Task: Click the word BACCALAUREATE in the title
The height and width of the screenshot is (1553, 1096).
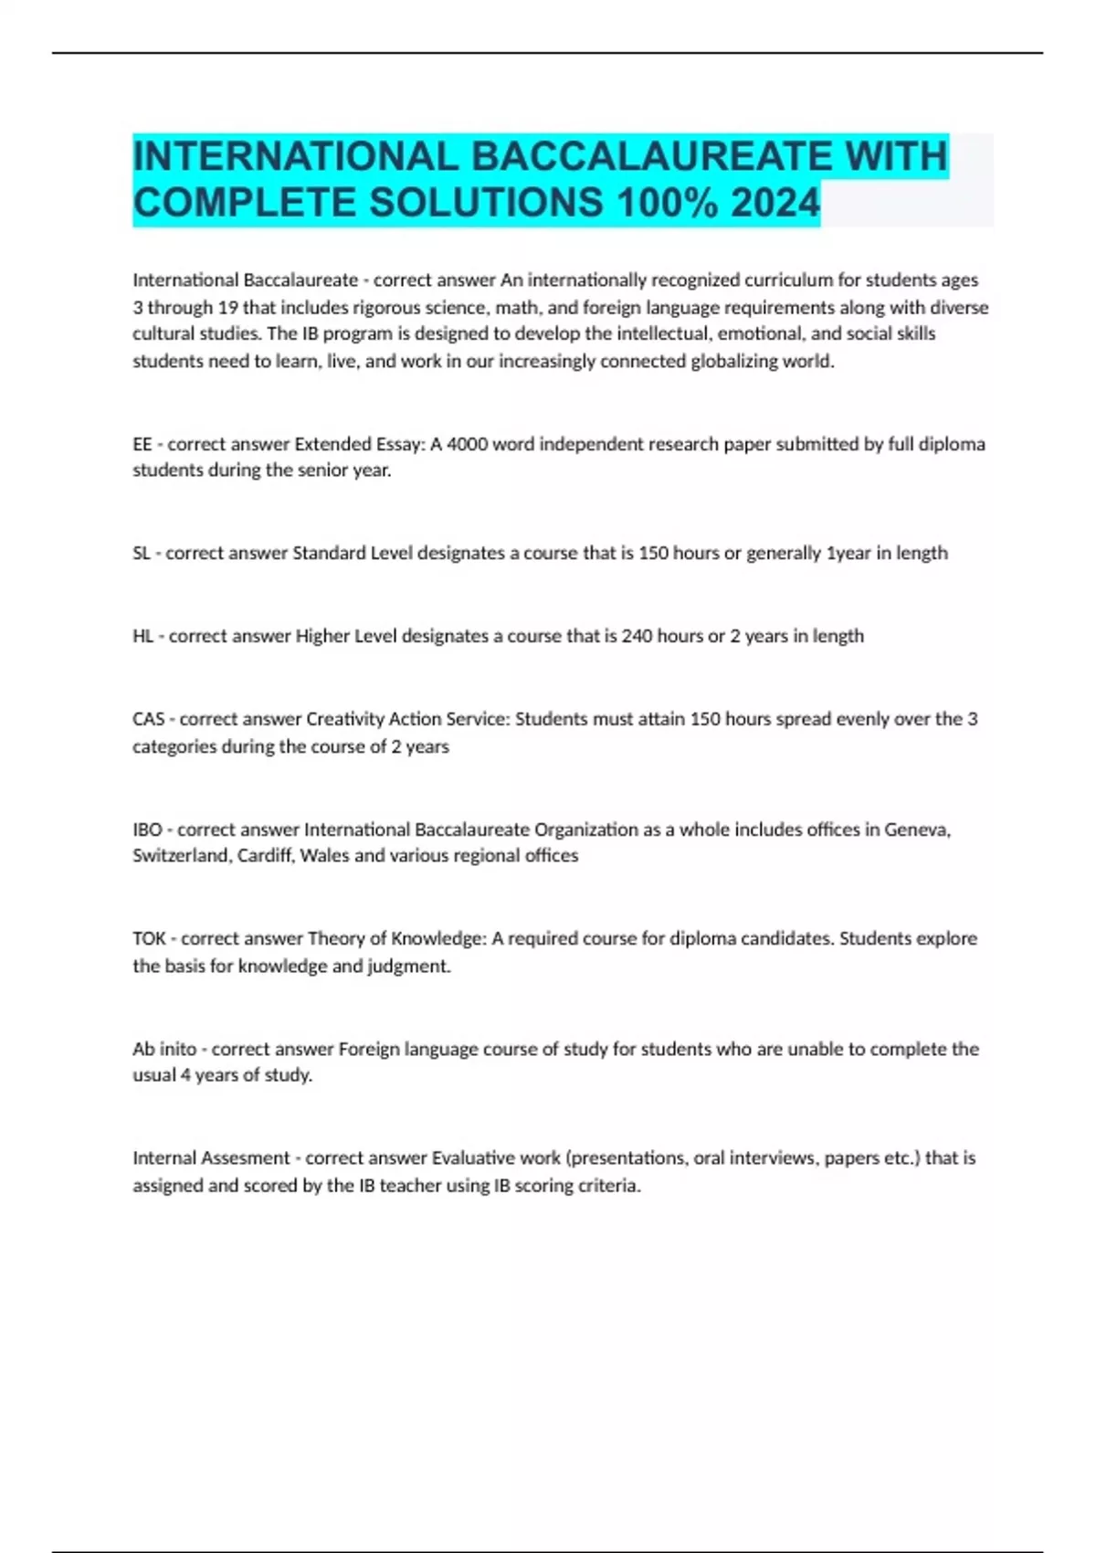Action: (651, 156)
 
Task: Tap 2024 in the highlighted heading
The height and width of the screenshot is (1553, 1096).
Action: (775, 203)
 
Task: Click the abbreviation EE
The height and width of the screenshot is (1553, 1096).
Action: (142, 445)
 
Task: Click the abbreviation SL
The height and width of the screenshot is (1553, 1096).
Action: (141, 554)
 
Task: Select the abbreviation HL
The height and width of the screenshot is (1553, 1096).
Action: (142, 637)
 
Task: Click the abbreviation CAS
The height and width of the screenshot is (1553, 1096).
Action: (148, 720)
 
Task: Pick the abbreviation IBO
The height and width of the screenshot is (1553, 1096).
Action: (147, 830)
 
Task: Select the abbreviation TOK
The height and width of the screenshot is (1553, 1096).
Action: (149, 939)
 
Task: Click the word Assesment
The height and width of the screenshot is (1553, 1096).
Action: (245, 1158)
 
